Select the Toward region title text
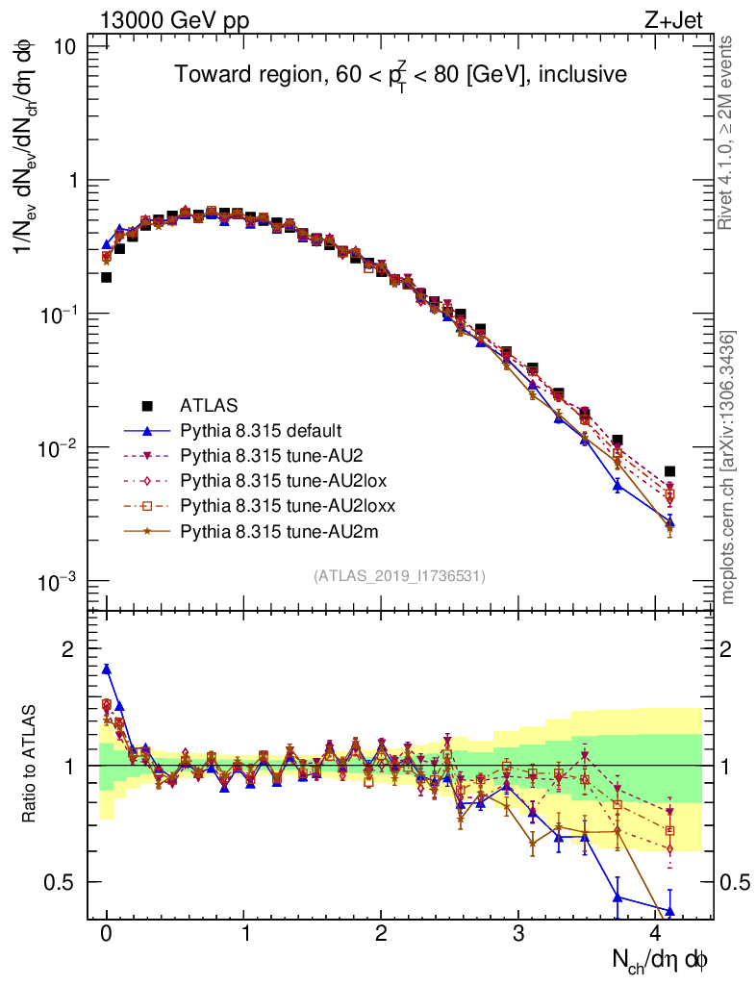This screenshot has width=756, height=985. coord(400,74)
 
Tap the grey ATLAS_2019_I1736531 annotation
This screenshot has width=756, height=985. coord(399,576)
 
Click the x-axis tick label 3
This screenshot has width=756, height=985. coord(518,935)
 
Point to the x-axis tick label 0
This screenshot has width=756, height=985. coord(107,935)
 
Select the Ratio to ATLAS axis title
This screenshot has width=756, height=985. coord(30,766)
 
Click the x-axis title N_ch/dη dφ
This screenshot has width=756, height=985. coord(661,961)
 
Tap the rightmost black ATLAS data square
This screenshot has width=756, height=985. coord(669,471)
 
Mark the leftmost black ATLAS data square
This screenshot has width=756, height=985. coord(107,277)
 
